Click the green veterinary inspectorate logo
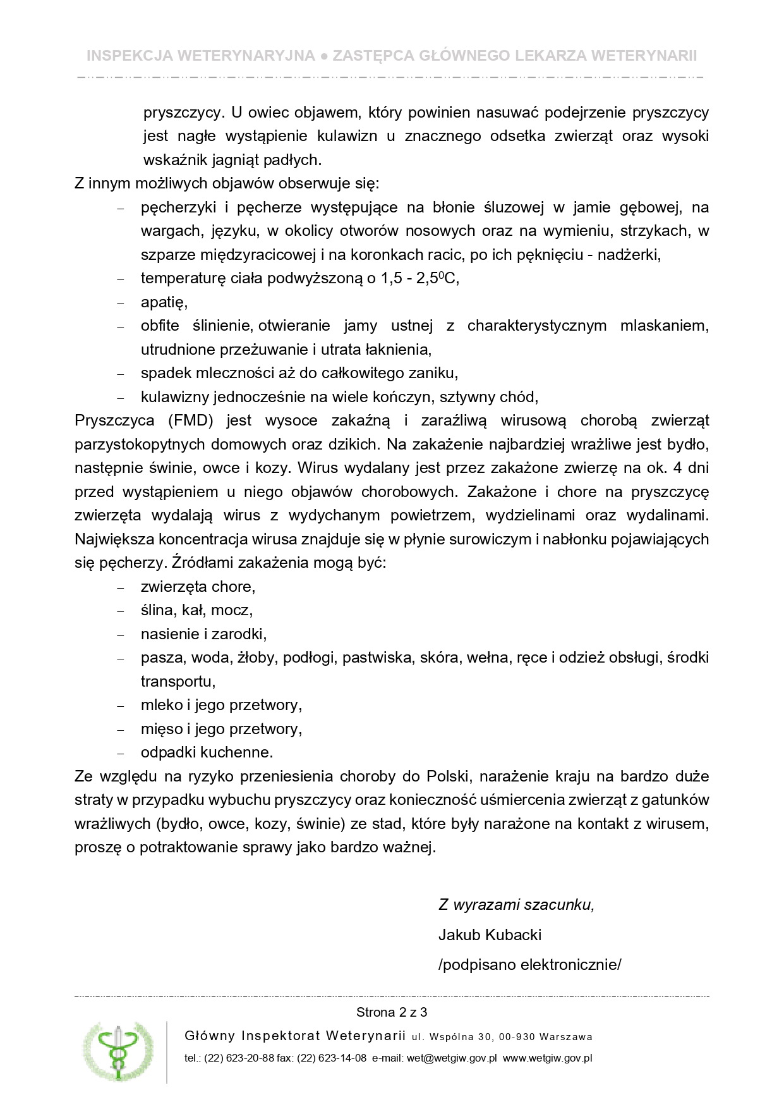(118, 1051)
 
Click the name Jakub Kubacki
(490, 934)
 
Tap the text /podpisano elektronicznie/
(529, 964)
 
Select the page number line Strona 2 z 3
(392, 1012)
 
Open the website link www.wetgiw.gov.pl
(547, 1058)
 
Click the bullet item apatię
(164, 302)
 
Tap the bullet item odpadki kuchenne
(207, 752)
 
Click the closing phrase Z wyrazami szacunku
(516, 904)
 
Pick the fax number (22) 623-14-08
(332, 1058)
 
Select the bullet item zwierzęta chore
(198, 587)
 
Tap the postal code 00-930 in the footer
(517, 1037)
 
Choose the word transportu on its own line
(178, 682)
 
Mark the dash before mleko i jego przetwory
(121, 706)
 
